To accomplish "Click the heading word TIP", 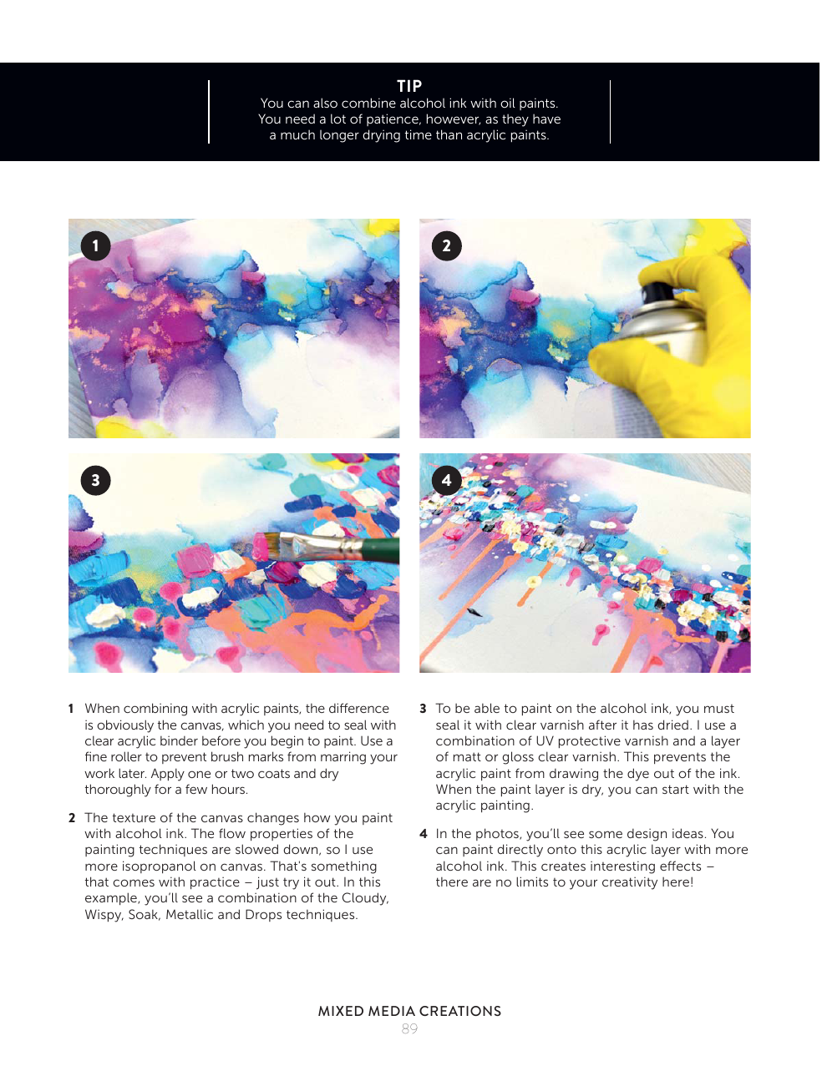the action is coord(408,86).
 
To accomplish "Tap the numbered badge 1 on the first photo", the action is coord(96,245).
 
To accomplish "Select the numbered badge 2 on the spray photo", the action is coord(446,245).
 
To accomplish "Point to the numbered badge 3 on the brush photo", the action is coord(96,480).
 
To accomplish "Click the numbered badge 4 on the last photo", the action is coord(446,480).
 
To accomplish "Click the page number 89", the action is coord(409,1028).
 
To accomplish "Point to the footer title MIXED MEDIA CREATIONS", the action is coord(409,1011).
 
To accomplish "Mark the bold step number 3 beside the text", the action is coord(423,709).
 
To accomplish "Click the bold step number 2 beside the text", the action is coord(72,818).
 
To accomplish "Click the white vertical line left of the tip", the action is coord(209,112).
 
